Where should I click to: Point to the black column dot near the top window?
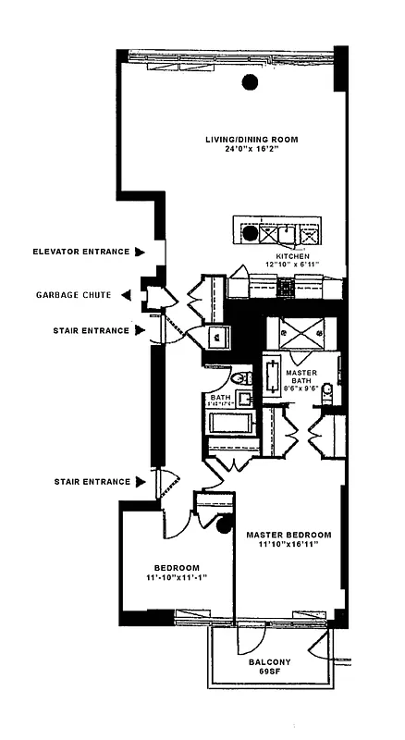[250, 82]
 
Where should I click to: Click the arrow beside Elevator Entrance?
[140, 252]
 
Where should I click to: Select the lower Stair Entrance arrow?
[140, 481]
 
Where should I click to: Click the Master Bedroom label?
[288, 536]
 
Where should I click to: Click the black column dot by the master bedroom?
[223, 529]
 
